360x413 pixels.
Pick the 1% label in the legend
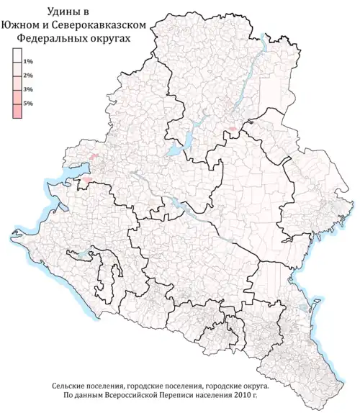pyautogui.click(x=28, y=63)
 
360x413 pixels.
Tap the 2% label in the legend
pyautogui.click(x=28, y=76)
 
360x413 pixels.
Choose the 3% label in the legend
pyautogui.click(x=28, y=90)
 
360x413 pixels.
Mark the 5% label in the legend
pyautogui.click(x=28, y=104)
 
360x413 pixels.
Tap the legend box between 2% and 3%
pyautogui.click(x=17, y=83)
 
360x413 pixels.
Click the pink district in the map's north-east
pyautogui.click(x=233, y=132)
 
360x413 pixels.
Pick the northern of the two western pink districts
pyautogui.click(x=93, y=155)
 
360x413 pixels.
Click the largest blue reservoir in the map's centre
pyautogui.click(x=175, y=151)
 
